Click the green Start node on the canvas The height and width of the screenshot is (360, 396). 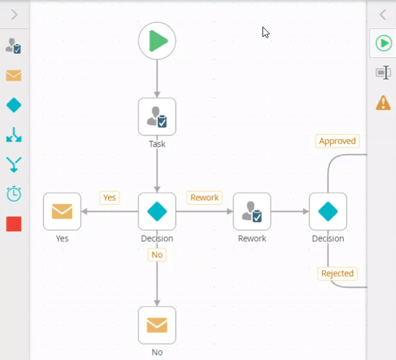pos(157,42)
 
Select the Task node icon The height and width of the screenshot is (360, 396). pos(157,117)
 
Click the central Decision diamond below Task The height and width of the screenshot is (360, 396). pos(157,212)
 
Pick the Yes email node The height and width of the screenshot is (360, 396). pos(62,212)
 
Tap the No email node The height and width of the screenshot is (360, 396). pos(157,325)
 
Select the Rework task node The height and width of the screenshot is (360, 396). pos(252,212)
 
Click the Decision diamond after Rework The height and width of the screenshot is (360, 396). pos(328,212)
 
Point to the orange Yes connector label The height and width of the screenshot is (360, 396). pos(110,197)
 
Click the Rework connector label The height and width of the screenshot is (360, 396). pos(205,197)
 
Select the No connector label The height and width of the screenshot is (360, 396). pos(157,255)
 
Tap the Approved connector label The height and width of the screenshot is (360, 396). pos(337,141)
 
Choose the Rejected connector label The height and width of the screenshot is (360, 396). pos(337,273)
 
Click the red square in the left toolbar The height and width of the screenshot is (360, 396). pos(14,224)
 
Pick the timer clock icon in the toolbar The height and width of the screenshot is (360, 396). pos(14,194)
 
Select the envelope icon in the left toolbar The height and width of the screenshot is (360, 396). pos(14,75)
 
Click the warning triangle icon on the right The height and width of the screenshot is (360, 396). pos(383,103)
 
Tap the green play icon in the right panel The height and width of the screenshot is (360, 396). pos(383,44)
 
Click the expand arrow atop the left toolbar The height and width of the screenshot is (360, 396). pos(14,15)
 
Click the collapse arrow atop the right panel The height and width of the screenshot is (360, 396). pos(383,15)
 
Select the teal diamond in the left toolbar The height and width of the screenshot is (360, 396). pos(14,105)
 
